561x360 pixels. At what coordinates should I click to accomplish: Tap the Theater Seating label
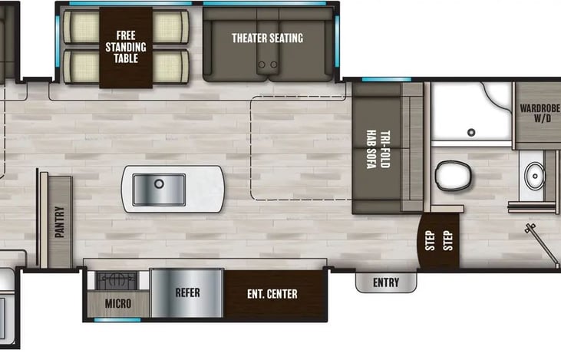tap(267, 38)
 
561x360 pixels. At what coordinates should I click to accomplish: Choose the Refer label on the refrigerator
tap(187, 293)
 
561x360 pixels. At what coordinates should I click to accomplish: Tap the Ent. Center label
tap(272, 294)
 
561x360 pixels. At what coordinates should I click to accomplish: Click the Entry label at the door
tap(386, 282)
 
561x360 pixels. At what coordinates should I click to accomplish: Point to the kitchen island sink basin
tap(159, 189)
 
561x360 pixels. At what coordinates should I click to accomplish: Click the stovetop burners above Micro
tap(116, 280)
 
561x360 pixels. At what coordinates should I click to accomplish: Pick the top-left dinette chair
tap(81, 28)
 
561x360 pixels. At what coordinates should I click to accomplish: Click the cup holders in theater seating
tap(267, 65)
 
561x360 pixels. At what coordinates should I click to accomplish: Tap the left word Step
tap(431, 242)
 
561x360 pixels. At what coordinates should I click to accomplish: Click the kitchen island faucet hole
tap(160, 184)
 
